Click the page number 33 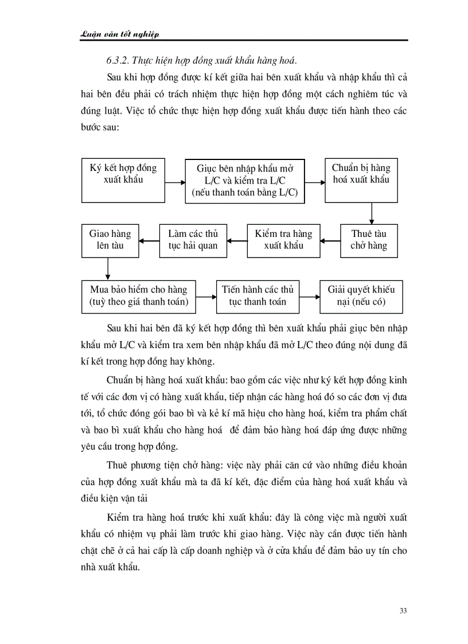(403, 610)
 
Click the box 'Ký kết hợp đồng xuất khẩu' (123, 179)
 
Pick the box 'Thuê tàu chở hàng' (369, 240)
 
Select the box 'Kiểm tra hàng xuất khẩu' (283, 240)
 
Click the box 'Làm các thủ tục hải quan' (193, 240)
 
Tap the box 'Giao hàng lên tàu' (110, 240)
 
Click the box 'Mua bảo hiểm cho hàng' (139, 295)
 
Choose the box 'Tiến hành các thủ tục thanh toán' (258, 295)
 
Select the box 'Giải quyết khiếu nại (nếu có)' (361, 295)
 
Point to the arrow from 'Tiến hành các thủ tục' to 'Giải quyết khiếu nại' (310, 296)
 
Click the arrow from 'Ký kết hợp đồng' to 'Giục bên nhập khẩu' (174, 182)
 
